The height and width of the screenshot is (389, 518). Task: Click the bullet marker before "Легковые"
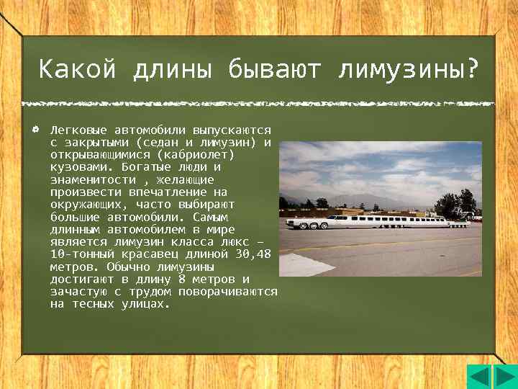[x=35, y=130]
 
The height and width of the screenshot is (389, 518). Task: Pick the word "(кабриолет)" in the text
[x=199, y=155]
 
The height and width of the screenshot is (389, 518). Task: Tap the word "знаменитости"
[x=93, y=179]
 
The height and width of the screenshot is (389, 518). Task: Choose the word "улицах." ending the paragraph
[x=146, y=304]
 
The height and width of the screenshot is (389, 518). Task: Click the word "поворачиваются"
[x=232, y=292]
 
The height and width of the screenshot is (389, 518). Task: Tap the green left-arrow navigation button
[x=480, y=376]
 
